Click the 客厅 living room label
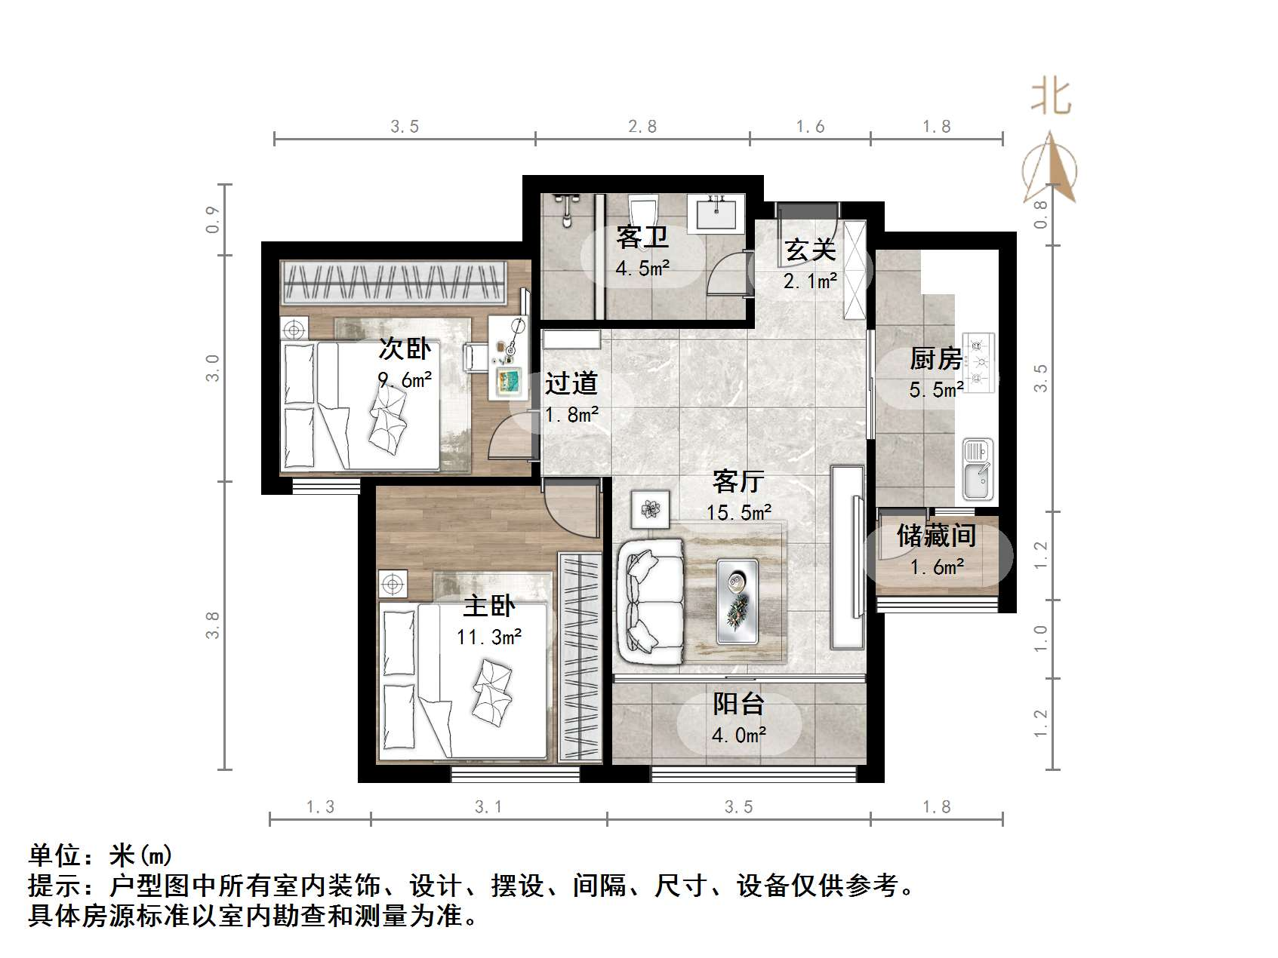pos(738,481)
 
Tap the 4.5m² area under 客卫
pos(642,268)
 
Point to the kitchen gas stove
pos(979,363)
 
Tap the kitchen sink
pos(978,469)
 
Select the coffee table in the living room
pos(737,601)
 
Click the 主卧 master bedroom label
pos(488,606)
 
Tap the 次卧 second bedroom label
pos(405,349)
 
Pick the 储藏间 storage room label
pos(936,536)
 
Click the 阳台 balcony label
pos(738,703)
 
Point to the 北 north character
pos(1051,98)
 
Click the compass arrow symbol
pos(1051,170)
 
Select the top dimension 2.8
pos(642,127)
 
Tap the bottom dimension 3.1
pos(488,807)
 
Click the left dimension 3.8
pos(214,625)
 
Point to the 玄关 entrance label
pos(810,250)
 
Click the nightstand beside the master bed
pos(392,583)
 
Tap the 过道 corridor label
pos(571,383)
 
